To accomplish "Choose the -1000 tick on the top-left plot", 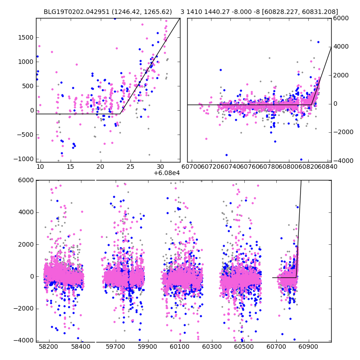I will pos(23,159).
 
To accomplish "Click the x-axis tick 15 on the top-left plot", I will pos(70,166).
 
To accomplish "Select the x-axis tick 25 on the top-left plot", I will pos(130,166).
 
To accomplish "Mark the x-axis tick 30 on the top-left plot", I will pos(160,166).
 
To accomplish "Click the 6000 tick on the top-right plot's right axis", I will pos(341,18).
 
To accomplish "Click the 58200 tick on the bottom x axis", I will pos(49,347).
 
